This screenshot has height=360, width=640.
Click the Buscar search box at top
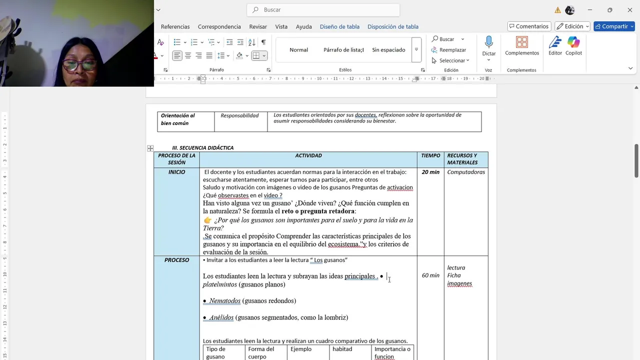[323, 10]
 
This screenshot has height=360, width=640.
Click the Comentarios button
[528, 26]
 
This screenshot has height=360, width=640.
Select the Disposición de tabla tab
[392, 26]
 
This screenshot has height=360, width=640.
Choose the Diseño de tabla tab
[339, 26]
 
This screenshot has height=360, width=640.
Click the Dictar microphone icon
[489, 42]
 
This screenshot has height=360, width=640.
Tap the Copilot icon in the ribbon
[573, 42]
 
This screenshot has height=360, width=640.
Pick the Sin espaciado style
[388, 50]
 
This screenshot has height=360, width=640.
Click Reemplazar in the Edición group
[452, 50]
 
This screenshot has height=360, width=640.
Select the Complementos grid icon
[521, 42]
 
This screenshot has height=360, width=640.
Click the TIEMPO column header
[430, 155]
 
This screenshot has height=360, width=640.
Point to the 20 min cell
[430, 172]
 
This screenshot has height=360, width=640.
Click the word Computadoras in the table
[466, 172]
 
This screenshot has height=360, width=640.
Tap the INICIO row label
[176, 172]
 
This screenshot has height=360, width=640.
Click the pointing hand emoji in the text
[207, 220]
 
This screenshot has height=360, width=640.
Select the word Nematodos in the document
[224, 301]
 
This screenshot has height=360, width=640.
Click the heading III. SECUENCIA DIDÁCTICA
[202, 148]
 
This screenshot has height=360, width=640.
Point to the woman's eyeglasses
[80, 64]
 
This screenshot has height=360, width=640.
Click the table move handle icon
[150, 148]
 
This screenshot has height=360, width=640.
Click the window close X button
[630, 10]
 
